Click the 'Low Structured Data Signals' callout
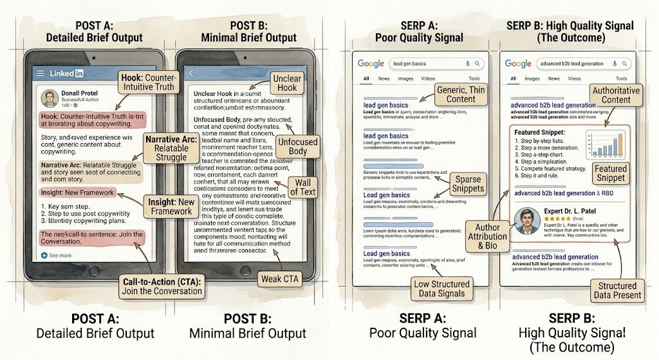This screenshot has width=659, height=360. (x=443, y=287)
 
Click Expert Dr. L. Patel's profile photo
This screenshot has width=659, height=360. (x=525, y=222)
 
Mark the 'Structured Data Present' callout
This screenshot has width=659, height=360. (x=618, y=290)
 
